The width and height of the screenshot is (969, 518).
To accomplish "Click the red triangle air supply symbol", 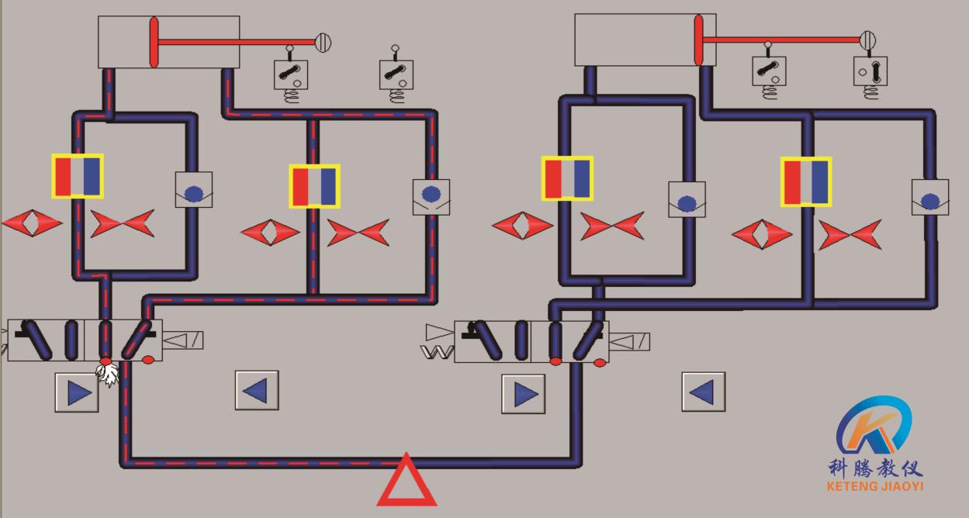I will [407, 482].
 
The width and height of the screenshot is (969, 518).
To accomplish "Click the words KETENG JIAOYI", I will [875, 487].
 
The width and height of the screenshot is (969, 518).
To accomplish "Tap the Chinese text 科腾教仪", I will [875, 468].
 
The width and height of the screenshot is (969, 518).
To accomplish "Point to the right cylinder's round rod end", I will [867, 39].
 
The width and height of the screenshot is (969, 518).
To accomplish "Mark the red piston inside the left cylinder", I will [154, 42].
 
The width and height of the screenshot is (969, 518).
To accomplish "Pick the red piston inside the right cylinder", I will [697, 40].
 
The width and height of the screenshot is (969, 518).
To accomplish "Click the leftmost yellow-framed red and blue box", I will [78, 176].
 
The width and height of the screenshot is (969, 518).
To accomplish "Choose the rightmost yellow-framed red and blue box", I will [806, 181].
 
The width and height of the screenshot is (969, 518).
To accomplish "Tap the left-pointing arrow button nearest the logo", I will [703, 392].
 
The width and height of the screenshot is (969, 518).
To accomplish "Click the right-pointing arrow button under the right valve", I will [524, 394].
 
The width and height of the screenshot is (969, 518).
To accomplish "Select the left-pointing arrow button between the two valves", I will [256, 390].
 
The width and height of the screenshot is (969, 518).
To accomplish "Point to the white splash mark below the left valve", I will [109, 375].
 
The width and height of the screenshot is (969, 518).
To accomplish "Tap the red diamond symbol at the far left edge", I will [31, 223].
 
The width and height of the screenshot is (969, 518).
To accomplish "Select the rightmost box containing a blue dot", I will [929, 198].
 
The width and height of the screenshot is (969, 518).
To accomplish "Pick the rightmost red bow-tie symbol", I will [850, 234].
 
